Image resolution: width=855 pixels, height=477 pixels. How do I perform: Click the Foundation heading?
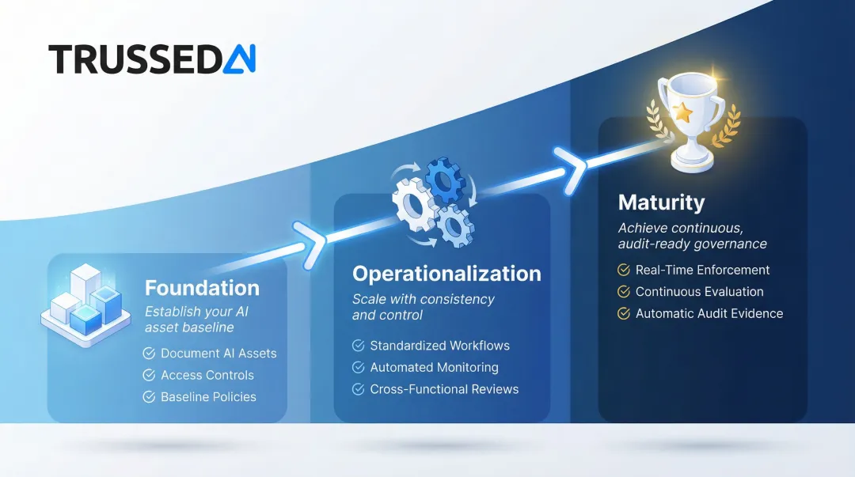coord(202,287)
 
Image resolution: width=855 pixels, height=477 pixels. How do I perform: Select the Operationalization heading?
coord(446,274)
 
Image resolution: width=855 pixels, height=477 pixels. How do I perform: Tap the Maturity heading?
coord(661,203)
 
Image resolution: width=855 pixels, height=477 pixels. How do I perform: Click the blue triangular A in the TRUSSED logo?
coord(238,59)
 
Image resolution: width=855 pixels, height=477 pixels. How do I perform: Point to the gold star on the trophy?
coord(683,113)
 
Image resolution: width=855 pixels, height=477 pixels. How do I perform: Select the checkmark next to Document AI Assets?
coord(149,354)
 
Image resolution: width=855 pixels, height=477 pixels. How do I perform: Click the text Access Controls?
coord(207,375)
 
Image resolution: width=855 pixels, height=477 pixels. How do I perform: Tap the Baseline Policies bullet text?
coord(208,397)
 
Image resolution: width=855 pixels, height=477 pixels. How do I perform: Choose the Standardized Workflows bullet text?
coord(439,346)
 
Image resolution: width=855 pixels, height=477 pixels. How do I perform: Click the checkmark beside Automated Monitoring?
coord(359,367)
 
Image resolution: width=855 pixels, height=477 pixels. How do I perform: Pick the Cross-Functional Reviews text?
coord(444,389)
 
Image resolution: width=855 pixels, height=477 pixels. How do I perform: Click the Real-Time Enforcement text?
coord(702,270)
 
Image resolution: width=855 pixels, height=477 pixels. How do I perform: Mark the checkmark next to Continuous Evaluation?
coord(624,292)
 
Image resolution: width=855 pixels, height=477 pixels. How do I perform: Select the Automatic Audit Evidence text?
coord(709,313)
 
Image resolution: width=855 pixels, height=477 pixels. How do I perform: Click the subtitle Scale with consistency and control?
coord(423,307)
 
